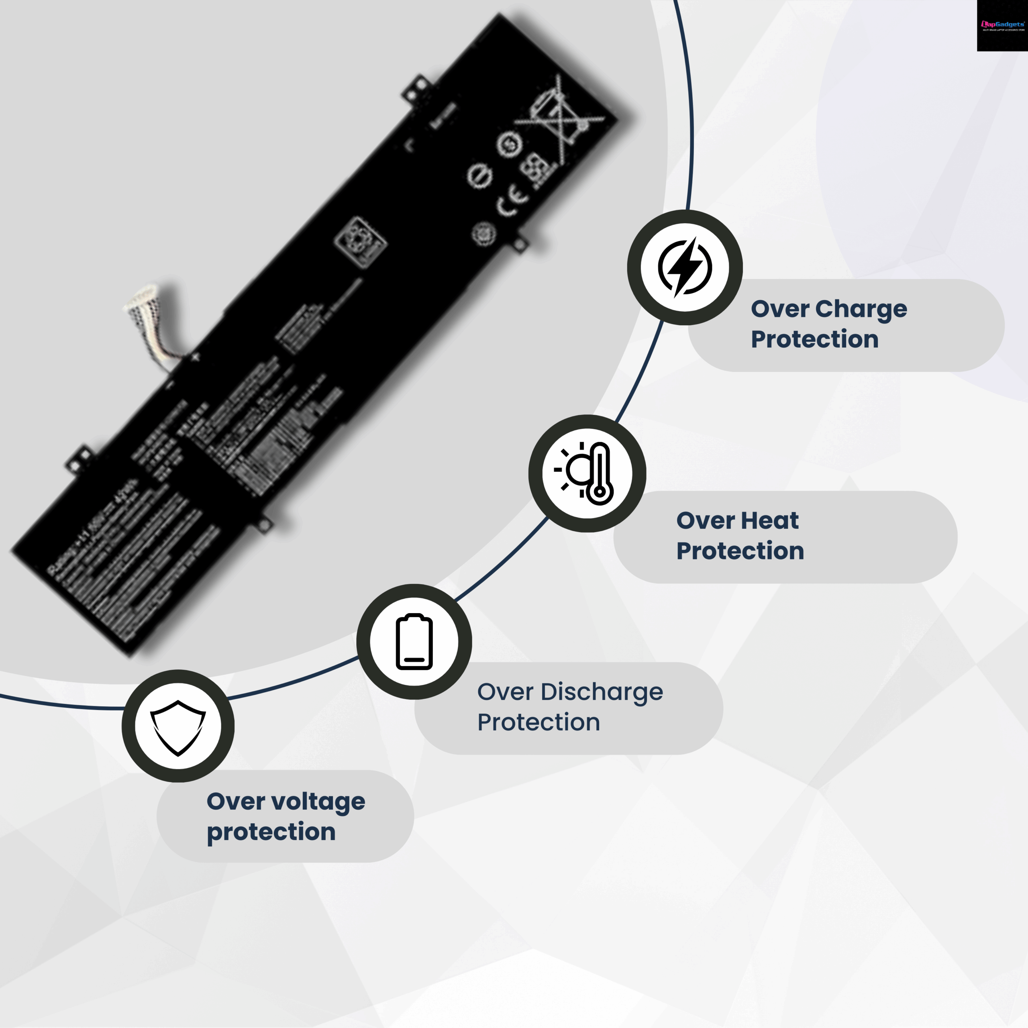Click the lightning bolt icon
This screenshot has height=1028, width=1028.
pos(685,267)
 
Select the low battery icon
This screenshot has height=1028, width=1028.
pos(414,641)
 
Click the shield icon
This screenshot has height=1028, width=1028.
pos(178,727)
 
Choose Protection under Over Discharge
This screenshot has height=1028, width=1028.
pos(538,722)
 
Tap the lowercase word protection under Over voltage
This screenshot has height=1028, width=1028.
pos(271,832)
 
